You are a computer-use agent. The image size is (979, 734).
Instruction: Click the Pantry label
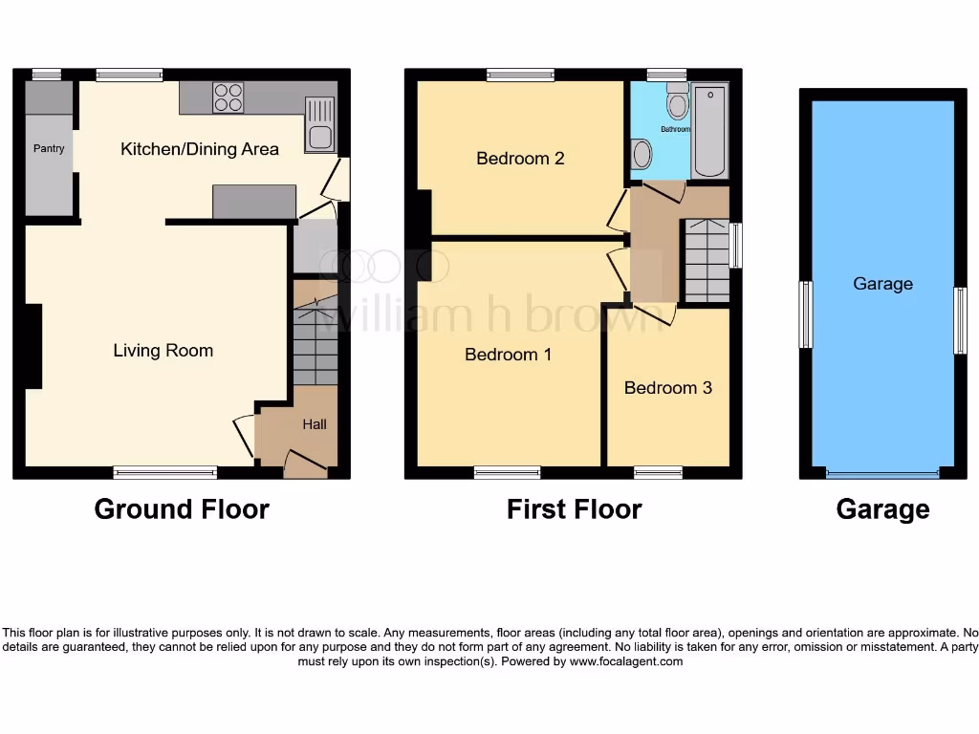click(x=49, y=149)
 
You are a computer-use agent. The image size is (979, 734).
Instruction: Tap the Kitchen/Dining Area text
click(x=200, y=149)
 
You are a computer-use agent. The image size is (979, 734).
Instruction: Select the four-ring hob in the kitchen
click(x=228, y=97)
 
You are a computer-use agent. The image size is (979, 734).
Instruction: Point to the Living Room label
click(x=163, y=351)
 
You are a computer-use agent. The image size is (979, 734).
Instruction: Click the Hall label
click(x=315, y=424)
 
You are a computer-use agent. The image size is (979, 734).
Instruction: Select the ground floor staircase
click(x=315, y=344)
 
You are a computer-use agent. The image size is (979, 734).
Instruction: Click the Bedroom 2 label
click(x=520, y=159)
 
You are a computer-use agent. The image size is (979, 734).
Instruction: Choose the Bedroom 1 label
click(x=508, y=355)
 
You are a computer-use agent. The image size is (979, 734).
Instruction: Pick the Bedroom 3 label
click(x=667, y=388)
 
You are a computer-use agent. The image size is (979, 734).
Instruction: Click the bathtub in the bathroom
click(x=709, y=131)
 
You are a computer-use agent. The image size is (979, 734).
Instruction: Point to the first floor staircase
click(x=705, y=260)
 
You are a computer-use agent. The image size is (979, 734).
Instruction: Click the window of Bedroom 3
click(x=659, y=472)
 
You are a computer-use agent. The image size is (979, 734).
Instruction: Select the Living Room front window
click(x=165, y=472)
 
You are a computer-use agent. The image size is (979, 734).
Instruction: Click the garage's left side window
click(x=805, y=315)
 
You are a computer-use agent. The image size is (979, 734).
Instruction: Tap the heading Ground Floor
click(x=182, y=509)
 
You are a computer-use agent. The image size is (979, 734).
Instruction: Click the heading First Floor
click(x=574, y=509)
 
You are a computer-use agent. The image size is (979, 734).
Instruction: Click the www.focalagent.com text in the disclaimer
click(x=626, y=661)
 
